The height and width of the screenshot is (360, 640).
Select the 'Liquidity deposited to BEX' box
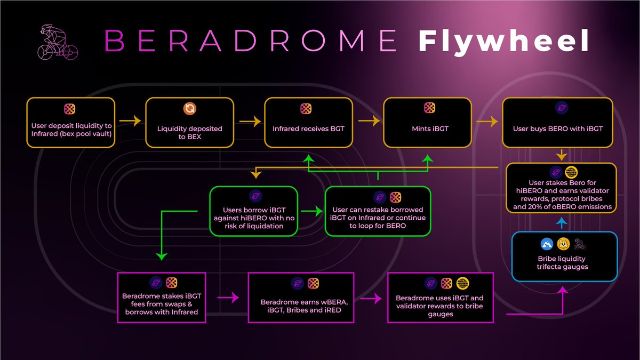pyautogui.click(x=189, y=123)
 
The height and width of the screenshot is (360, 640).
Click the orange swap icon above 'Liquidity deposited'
pyautogui.click(x=189, y=109)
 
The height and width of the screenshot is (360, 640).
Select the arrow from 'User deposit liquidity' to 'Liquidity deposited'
pyautogui.click(x=129, y=122)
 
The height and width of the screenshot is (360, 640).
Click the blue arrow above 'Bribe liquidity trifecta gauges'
pyautogui.click(x=561, y=222)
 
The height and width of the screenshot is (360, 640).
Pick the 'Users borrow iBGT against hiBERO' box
pyautogui.click(x=253, y=211)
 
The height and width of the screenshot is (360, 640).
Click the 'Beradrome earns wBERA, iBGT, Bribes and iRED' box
pyautogui.click(x=310, y=298)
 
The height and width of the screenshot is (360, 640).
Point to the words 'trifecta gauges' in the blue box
pyautogui.click(x=564, y=267)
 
